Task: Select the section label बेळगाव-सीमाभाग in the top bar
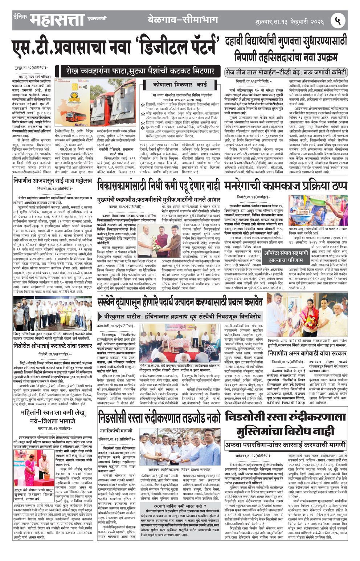tap(183, 20)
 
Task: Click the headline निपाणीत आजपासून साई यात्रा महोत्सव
tap(53, 180)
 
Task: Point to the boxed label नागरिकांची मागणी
tap(116, 430)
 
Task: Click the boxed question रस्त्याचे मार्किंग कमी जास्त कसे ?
tap(180, 505)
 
